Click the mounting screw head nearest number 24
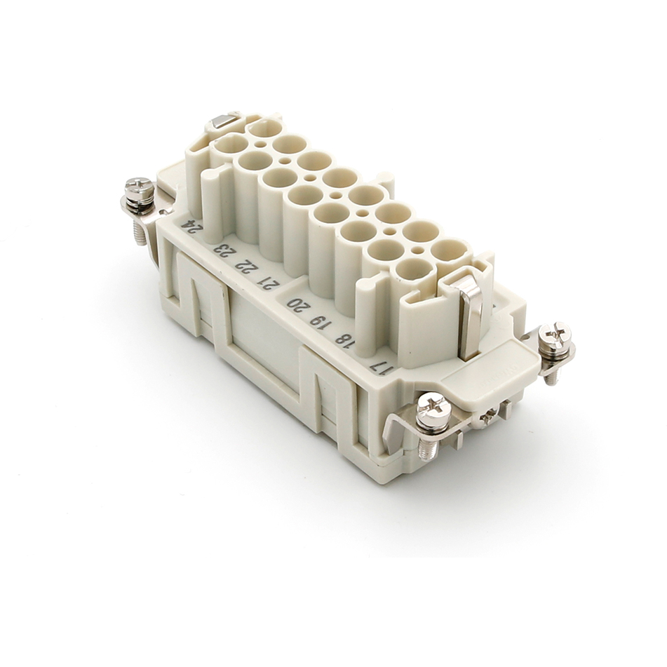(x=139, y=188)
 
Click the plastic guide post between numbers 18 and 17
(x=369, y=312)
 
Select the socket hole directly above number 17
(x=414, y=269)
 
